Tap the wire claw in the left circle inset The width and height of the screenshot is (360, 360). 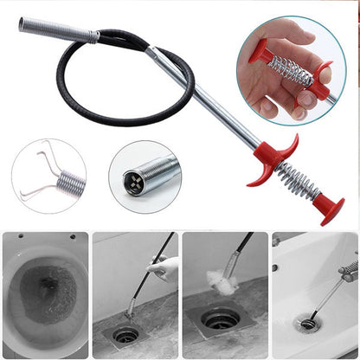[39, 173]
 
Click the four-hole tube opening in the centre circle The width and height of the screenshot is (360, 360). [135, 183]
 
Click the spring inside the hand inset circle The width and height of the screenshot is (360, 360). [291, 72]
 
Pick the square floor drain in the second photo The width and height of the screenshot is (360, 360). [126, 334]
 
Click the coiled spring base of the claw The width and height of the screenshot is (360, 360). [71, 182]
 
